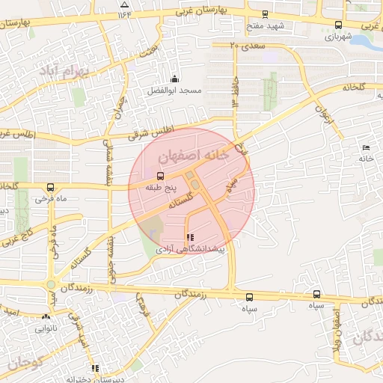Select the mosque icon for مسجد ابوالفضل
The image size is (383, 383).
pyautogui.click(x=175, y=79)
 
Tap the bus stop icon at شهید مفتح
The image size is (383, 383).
pyautogui.click(x=264, y=13)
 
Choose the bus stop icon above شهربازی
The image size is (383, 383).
pyautogui.click(x=329, y=24)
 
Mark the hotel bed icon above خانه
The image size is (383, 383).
pyautogui.click(x=366, y=147)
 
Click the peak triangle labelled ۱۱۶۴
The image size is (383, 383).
pyautogui.click(x=124, y=4)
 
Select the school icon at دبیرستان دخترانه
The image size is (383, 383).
pyautogui.click(x=95, y=368)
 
